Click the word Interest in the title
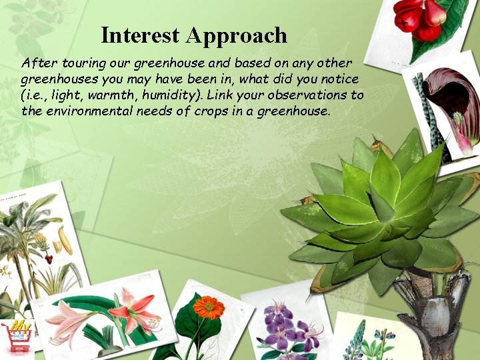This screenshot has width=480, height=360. point(141,35)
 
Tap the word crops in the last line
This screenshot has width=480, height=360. point(212,111)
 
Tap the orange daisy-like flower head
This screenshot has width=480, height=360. point(209,307)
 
